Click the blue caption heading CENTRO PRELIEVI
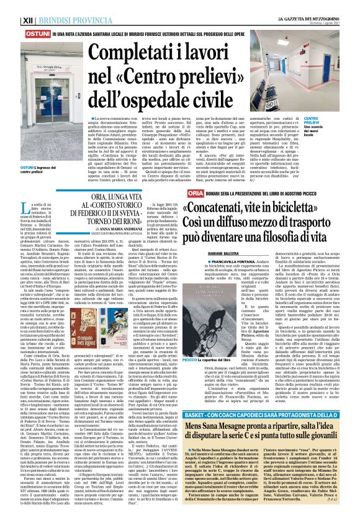click(330, 117)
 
